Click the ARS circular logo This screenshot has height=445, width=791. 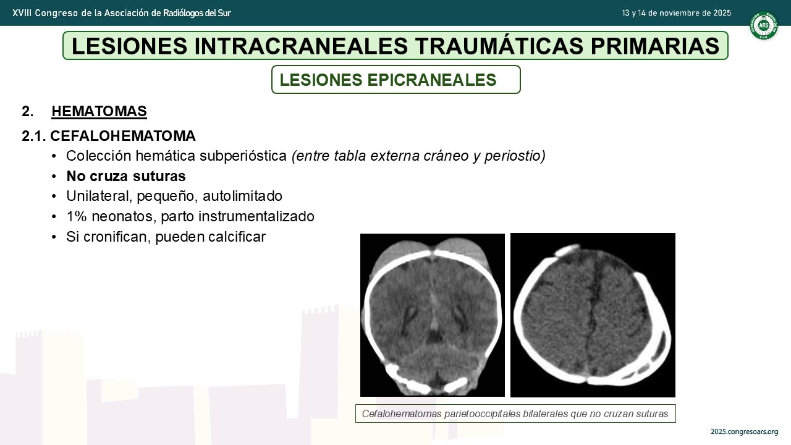coord(763,25)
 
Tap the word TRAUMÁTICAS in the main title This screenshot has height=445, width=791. coord(499,46)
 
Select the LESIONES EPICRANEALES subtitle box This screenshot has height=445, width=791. coord(396,80)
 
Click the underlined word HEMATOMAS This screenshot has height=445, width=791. coord(99,111)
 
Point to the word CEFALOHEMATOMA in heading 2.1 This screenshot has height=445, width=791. coord(123,136)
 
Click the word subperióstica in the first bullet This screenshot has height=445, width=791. coord(243,156)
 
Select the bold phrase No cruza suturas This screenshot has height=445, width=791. coord(126,176)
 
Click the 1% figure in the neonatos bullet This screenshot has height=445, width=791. coord(77,216)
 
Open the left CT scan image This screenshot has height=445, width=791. coord(432,315)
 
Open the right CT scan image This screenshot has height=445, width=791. coord(593,315)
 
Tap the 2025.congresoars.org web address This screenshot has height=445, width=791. coord(745,431)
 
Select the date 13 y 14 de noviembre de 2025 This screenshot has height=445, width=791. coord(676,13)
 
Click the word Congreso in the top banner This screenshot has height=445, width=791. coord(56,13)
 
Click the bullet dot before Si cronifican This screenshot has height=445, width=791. coord(54,237)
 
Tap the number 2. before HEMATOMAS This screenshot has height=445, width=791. coord(28,111)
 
